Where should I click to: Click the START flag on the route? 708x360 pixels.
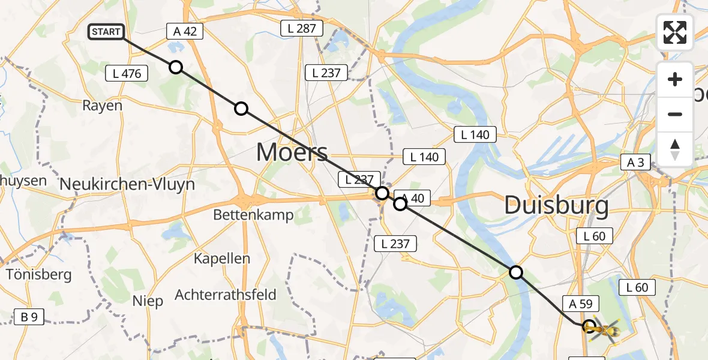(106, 32)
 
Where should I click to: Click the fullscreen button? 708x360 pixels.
(675, 32)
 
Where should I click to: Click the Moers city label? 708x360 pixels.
(292, 152)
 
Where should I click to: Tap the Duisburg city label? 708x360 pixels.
(556, 206)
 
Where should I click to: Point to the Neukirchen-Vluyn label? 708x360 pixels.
(128, 184)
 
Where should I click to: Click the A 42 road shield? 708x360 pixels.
(185, 32)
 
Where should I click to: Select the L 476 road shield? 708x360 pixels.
(127, 74)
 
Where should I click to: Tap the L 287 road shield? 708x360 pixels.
(302, 28)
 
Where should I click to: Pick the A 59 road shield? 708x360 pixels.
(580, 304)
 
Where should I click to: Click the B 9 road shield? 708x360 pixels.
(29, 316)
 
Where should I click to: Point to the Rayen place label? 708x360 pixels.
(103, 106)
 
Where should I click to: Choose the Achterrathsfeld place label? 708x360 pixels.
(226, 295)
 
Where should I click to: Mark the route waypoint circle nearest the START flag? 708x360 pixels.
(176, 67)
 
